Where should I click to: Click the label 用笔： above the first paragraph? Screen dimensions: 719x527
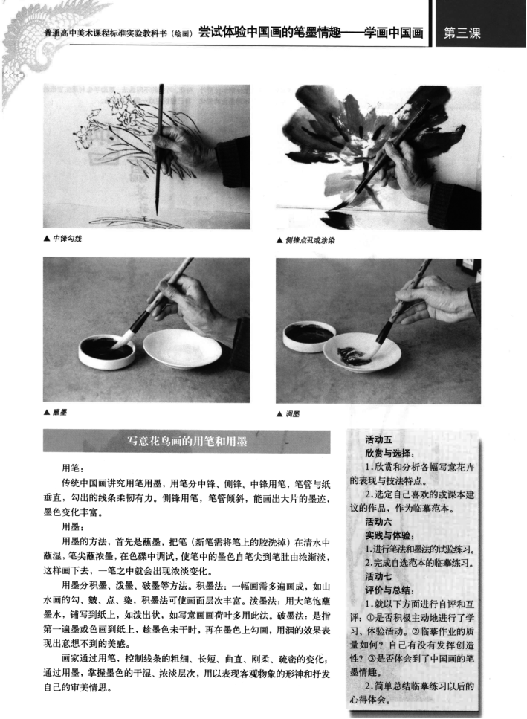coord(74,468)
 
